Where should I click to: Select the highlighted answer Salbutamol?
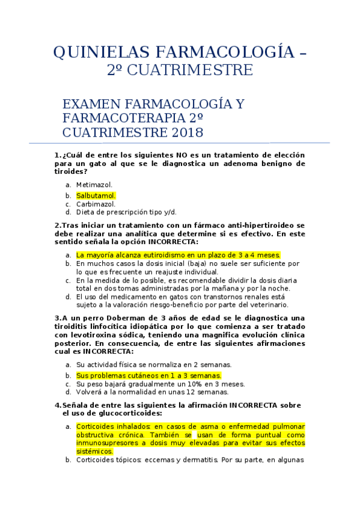point(96,195)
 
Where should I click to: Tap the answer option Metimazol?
point(94,185)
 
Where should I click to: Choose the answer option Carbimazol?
point(96,204)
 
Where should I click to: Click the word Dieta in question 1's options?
point(86,212)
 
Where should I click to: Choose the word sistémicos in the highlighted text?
point(94,451)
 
